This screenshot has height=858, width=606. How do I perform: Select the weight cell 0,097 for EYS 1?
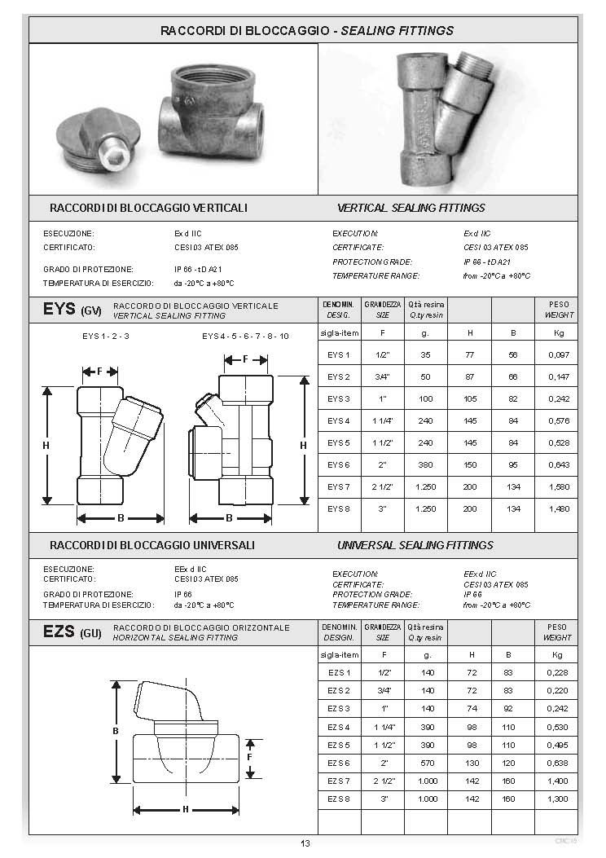(x=558, y=354)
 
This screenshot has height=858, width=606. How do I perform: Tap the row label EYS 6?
(x=338, y=464)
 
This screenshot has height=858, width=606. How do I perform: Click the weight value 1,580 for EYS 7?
(x=558, y=486)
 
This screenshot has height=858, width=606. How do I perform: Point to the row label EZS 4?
(x=338, y=726)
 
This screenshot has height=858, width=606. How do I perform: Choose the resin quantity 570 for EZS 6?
(x=427, y=763)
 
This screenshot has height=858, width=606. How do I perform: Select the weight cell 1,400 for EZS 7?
(x=558, y=782)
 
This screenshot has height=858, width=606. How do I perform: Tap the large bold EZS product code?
(x=59, y=631)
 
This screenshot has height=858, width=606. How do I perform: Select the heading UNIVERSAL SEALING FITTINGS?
(x=415, y=544)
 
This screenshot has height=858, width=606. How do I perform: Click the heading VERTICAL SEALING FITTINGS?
(x=411, y=208)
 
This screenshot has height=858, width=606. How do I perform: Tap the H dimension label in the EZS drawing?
(x=185, y=809)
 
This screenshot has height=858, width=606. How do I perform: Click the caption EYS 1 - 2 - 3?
(x=106, y=335)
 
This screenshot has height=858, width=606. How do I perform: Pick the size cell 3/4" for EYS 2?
(x=382, y=376)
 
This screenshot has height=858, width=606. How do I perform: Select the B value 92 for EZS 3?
(x=509, y=707)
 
